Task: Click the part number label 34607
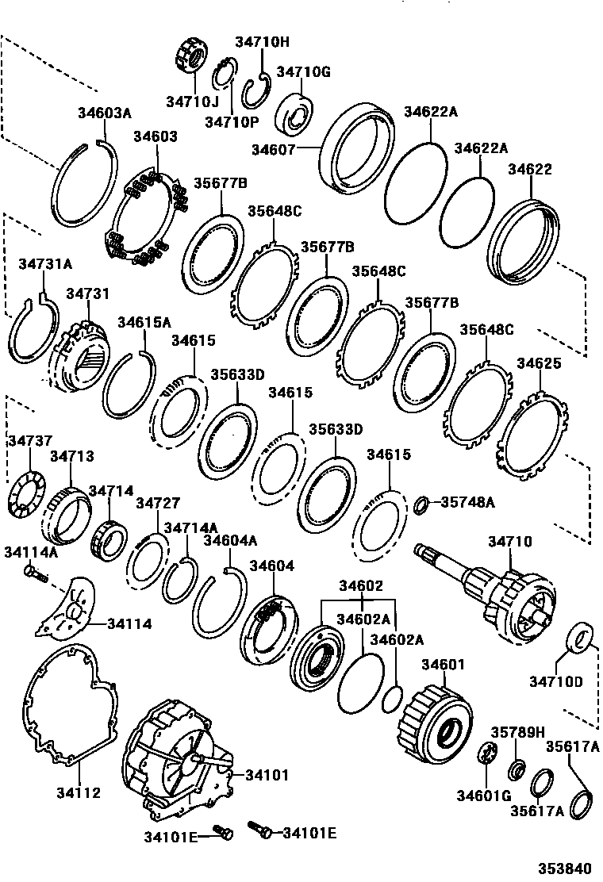tap(274, 149)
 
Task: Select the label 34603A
tap(104, 113)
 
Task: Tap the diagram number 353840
tap(567, 868)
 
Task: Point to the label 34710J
tap(191, 102)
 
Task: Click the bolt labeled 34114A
tap(31, 571)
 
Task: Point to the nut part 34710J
tap(190, 59)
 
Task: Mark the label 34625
tap(539, 364)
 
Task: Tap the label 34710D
tap(556, 681)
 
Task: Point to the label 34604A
tap(230, 541)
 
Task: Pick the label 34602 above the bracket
tap(361, 586)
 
